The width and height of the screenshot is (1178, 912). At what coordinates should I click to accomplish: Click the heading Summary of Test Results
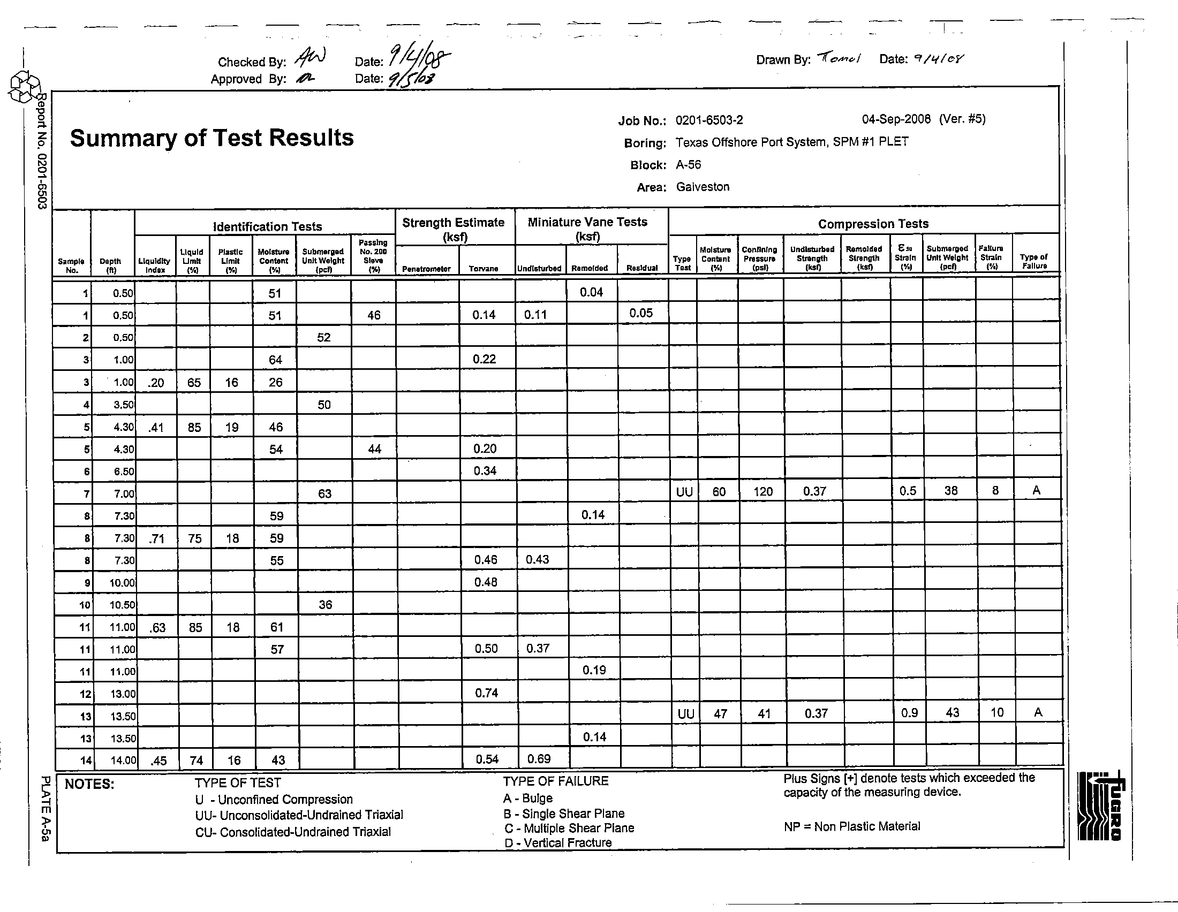coord(212,138)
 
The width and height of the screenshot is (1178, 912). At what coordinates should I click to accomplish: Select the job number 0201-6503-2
coord(709,120)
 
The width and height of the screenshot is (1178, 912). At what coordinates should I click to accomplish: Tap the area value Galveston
coord(703,187)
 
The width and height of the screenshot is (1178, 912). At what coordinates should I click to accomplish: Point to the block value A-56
coord(688,165)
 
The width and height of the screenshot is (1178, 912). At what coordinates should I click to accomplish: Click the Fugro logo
coord(1100,807)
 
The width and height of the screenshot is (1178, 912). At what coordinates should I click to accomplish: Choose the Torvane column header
coord(484,269)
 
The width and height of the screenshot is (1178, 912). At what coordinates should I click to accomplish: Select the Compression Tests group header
coord(873,224)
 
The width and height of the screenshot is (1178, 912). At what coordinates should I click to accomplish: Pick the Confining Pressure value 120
coord(762,491)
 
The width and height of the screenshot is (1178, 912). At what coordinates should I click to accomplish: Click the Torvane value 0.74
coord(486,693)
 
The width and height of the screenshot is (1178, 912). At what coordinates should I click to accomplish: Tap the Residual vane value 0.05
coord(641,313)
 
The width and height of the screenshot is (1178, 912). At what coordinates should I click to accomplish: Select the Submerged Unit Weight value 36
coord(325,605)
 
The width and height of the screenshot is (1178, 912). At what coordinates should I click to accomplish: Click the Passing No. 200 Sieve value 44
coord(374,449)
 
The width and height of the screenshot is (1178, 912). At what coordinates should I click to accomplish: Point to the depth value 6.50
coord(124,472)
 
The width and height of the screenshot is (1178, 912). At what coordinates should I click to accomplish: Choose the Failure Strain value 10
coord(997,712)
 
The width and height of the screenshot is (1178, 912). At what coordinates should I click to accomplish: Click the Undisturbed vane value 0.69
coord(539,759)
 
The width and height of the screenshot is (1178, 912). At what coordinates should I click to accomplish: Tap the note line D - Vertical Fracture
coord(558,843)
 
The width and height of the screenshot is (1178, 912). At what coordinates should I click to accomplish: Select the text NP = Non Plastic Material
coord(852,826)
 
